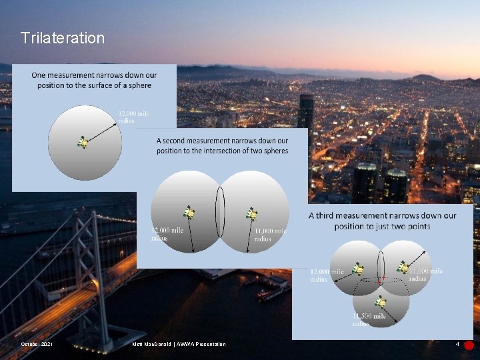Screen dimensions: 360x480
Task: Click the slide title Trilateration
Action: click(x=63, y=38)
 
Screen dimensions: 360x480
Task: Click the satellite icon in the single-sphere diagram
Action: click(x=83, y=143)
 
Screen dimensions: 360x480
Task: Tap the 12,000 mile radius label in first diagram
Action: click(x=134, y=117)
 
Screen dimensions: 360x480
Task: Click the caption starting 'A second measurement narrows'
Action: click(x=222, y=146)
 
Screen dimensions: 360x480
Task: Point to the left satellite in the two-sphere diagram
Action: click(x=189, y=213)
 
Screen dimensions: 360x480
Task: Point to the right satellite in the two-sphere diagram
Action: click(x=252, y=214)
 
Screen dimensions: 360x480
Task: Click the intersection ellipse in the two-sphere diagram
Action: click(x=220, y=212)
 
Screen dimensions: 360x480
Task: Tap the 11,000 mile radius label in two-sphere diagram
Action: click(x=270, y=235)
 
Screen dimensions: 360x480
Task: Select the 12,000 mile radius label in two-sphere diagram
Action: click(x=168, y=233)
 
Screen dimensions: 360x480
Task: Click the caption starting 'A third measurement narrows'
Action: click(x=383, y=221)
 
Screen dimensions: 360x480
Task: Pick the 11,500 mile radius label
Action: click(x=369, y=319)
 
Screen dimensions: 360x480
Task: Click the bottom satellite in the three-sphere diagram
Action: click(x=380, y=301)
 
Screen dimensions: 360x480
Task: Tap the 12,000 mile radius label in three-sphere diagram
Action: click(x=327, y=275)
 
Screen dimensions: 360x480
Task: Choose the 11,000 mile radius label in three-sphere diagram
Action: click(x=426, y=275)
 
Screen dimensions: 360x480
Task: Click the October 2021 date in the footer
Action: click(x=37, y=344)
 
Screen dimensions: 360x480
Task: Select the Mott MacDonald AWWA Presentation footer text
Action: click(x=179, y=344)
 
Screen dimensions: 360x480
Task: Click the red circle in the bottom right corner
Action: click(x=469, y=345)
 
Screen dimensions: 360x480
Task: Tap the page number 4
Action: click(x=457, y=345)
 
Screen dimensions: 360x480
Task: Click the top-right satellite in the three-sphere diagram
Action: click(x=403, y=267)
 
